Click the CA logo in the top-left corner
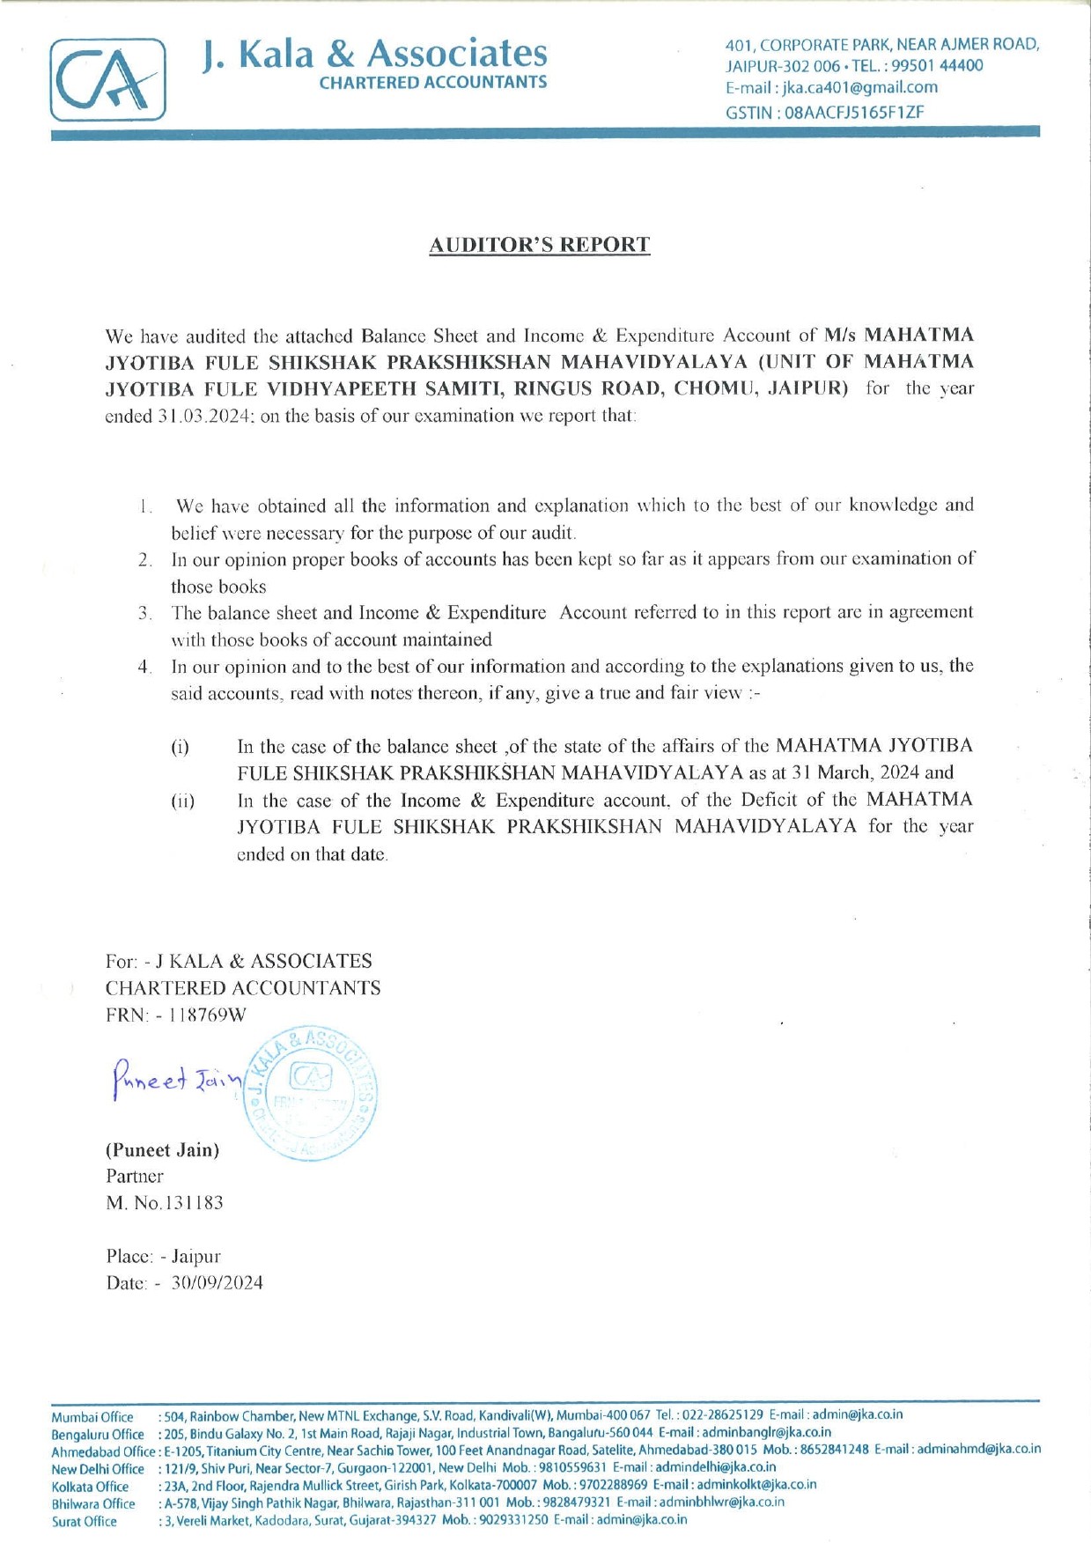[107, 79]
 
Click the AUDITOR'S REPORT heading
[539, 245]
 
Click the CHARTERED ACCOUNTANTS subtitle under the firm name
[432, 83]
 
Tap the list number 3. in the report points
[145, 612]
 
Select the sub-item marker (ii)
[182, 801]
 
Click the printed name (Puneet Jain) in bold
[162, 1149]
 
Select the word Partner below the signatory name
[135, 1176]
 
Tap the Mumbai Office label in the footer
[92, 1417]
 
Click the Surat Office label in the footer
[84, 1520]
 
